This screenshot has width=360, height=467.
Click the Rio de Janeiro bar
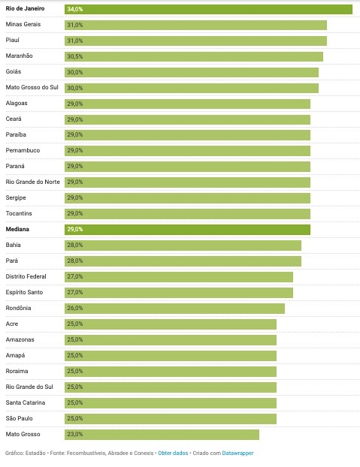pyautogui.click(x=208, y=9)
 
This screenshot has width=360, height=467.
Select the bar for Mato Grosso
pyautogui.click(x=162, y=435)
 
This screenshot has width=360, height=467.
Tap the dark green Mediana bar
pyautogui.click(x=187, y=230)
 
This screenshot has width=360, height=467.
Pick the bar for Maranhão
pyautogui.click(x=194, y=56)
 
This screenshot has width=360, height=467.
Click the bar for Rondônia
pyautogui.click(x=174, y=309)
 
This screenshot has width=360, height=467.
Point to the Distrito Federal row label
pyautogui.click(x=26, y=276)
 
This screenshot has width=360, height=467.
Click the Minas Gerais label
pyautogui.click(x=23, y=24)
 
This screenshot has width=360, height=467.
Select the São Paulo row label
pyautogui.click(x=19, y=418)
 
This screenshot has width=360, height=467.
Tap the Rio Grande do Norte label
pyautogui.click(x=33, y=182)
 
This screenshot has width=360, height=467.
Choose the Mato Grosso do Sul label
pyautogui.click(x=32, y=87)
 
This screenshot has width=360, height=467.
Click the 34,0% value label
pyautogui.click(x=75, y=9)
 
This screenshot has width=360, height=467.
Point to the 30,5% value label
pyautogui.click(x=75, y=56)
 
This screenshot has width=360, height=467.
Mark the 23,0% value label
pyautogui.click(x=75, y=434)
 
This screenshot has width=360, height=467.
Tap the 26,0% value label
pyautogui.click(x=75, y=309)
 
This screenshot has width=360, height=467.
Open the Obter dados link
pyautogui.click(x=173, y=453)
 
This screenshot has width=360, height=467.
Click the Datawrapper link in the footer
pyautogui.click(x=237, y=453)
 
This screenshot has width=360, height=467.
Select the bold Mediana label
pyautogui.click(x=17, y=229)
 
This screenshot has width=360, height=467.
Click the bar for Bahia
pyautogui.click(x=183, y=246)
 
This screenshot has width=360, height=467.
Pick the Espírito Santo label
pyautogui.click(x=24, y=292)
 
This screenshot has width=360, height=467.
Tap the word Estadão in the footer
pyautogui.click(x=35, y=453)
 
